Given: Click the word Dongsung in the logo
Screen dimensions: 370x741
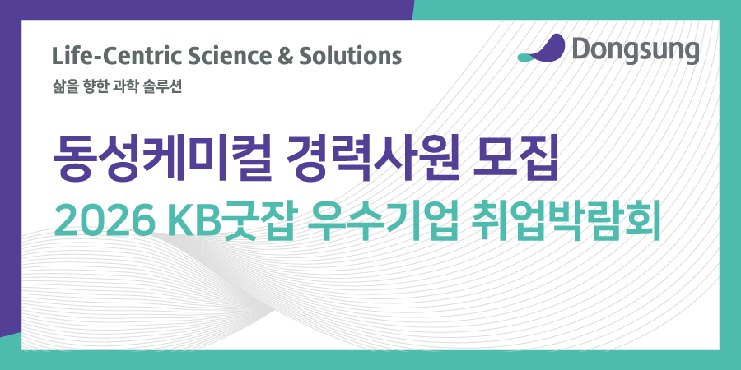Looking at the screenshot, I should (x=635, y=50).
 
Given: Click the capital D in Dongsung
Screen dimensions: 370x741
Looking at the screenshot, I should (x=579, y=50).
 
